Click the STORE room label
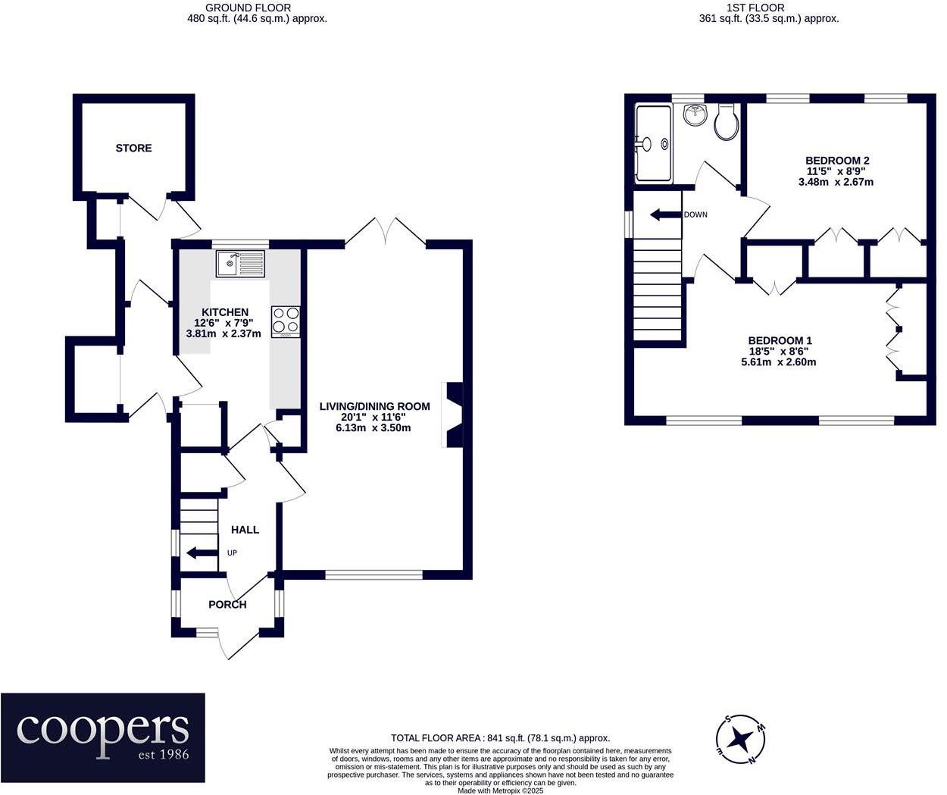click(133, 148)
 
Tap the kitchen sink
click(240, 264)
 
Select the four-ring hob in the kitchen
click(286, 322)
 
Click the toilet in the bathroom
click(726, 121)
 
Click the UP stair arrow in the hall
click(202, 552)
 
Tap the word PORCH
click(227, 605)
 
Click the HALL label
click(245, 530)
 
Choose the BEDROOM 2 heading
click(837, 160)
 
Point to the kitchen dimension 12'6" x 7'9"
click(224, 323)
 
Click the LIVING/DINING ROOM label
click(374, 406)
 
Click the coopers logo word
click(102, 732)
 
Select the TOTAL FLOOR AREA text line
click(501, 739)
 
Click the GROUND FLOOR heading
click(248, 8)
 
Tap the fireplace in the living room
click(452, 415)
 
